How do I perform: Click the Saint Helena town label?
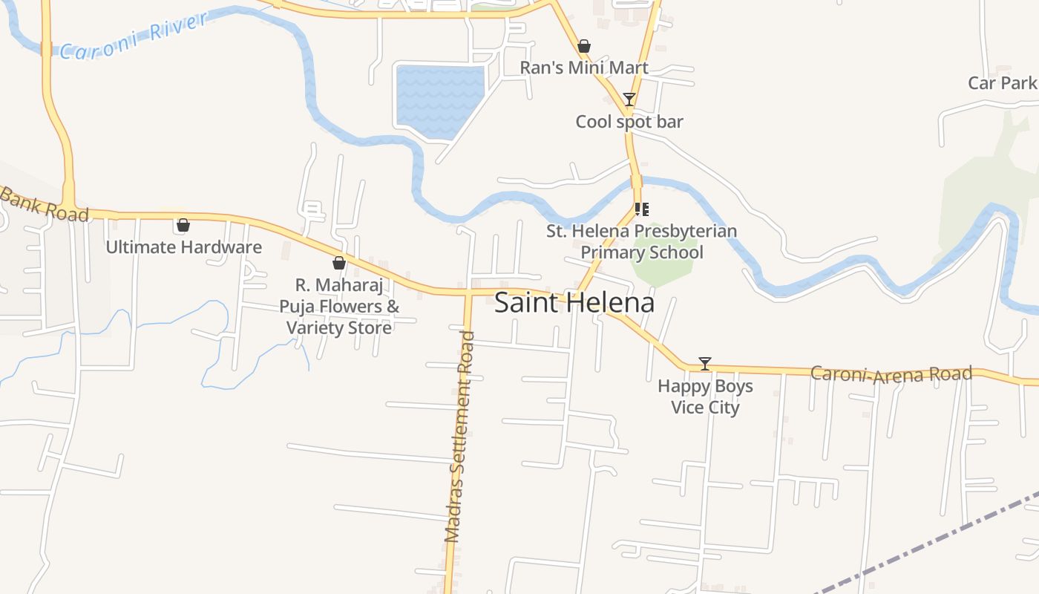[x=574, y=303]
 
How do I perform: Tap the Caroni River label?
[x=134, y=36]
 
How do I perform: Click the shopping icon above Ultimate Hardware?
[x=183, y=225]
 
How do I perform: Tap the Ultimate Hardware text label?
[x=183, y=247]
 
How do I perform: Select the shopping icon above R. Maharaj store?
[x=339, y=263]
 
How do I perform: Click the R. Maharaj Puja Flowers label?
[x=339, y=306]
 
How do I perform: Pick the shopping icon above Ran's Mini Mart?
[x=584, y=46]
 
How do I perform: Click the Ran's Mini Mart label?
[x=584, y=68]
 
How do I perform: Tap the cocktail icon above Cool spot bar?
[x=629, y=99]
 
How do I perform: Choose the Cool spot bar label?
[x=629, y=122]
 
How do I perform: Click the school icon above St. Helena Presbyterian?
[x=642, y=209]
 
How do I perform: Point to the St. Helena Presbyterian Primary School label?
[x=642, y=241]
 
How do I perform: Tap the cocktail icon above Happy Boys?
[x=705, y=364]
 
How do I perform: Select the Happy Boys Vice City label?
[x=705, y=396]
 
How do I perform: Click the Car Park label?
[x=1002, y=82]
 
